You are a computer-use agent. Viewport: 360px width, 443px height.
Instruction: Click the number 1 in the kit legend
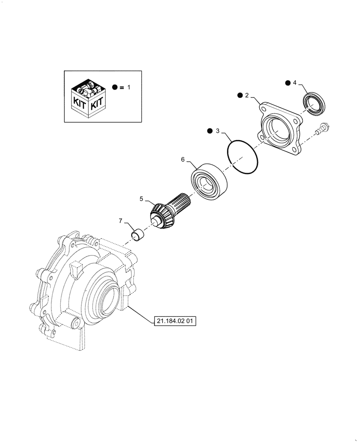129,88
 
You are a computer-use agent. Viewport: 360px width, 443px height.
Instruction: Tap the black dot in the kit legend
115,88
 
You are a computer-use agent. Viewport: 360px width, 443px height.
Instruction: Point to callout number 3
218,131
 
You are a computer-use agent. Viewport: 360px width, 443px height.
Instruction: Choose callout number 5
141,199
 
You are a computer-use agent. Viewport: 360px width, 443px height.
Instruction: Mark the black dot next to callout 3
209,131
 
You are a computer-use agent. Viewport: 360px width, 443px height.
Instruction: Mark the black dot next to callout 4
287,82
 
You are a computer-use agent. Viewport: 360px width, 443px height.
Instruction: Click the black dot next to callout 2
239,95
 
